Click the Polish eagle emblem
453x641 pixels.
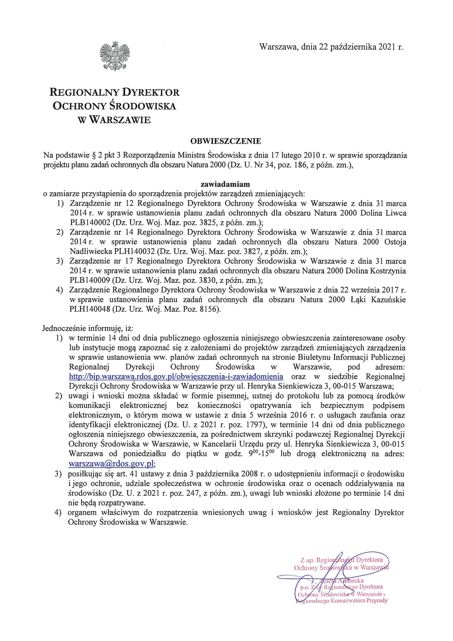coord(113,56)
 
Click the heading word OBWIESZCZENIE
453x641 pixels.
coord(226,141)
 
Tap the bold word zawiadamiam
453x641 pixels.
coord(225,184)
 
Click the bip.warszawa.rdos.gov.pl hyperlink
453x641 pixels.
coord(176,376)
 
